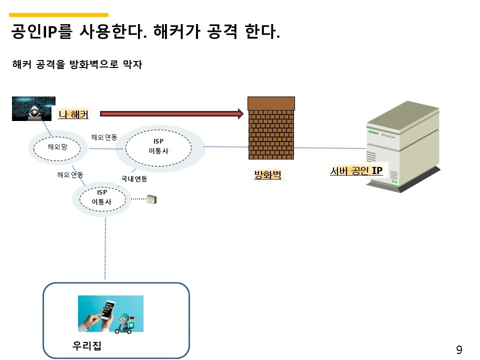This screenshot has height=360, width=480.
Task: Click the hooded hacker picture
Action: (x=33, y=108)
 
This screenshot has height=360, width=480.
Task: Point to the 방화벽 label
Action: (x=267, y=175)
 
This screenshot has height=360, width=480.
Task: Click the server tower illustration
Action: (x=402, y=147)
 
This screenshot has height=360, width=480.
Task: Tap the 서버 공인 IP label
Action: (x=356, y=171)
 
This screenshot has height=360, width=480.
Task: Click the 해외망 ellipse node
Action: (x=57, y=147)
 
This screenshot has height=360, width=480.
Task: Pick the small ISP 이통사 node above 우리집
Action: (x=102, y=198)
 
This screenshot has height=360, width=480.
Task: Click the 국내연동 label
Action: (x=134, y=178)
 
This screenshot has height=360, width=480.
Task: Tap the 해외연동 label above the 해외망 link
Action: (x=104, y=137)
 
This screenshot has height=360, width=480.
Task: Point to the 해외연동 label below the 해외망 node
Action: (x=70, y=174)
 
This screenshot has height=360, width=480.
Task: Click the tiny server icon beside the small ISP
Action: (x=152, y=199)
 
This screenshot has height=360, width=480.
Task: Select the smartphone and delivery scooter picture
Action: (x=110, y=313)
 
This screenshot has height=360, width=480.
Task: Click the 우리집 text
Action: (x=87, y=346)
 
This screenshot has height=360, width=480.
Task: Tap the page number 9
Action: (x=459, y=350)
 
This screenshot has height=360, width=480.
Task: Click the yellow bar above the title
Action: (x=59, y=15)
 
